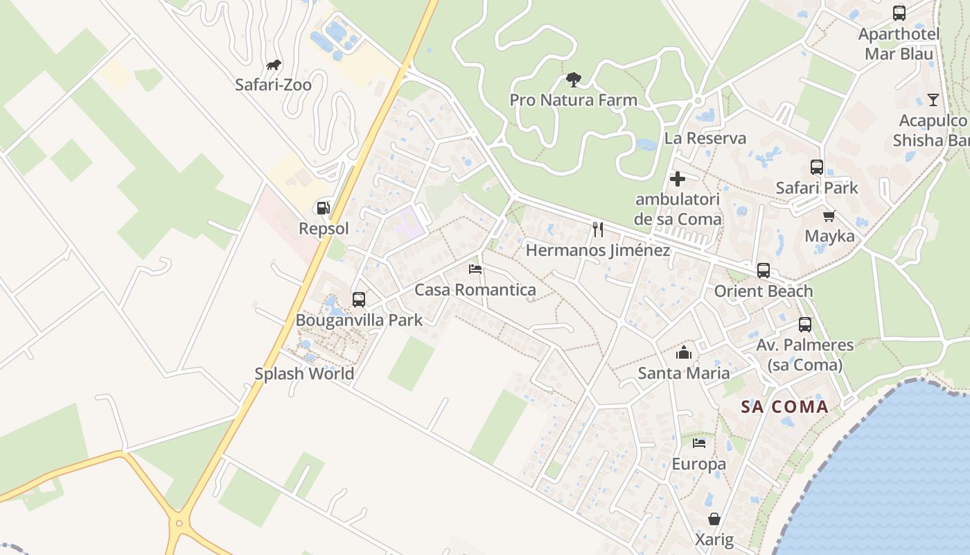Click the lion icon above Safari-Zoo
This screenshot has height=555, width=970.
pyautogui.click(x=274, y=65)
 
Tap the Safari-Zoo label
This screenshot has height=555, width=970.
pyautogui.click(x=273, y=85)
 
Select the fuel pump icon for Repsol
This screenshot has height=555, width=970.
pyautogui.click(x=323, y=207)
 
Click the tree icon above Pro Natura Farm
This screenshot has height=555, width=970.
pyautogui.click(x=573, y=80)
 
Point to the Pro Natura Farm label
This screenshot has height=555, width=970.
pyautogui.click(x=573, y=100)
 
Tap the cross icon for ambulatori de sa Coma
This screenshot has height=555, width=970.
pyautogui.click(x=678, y=179)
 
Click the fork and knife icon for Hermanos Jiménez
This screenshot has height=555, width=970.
pyautogui.click(x=598, y=230)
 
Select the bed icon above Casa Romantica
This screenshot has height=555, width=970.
pyautogui.click(x=475, y=269)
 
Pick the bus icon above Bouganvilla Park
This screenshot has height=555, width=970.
pyautogui.click(x=359, y=300)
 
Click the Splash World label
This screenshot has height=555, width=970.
pyautogui.click(x=304, y=373)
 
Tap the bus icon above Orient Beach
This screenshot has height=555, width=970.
pyautogui.click(x=764, y=271)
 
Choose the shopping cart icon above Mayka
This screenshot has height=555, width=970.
pyautogui.click(x=829, y=216)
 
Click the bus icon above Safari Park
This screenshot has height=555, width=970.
pyautogui.click(x=817, y=167)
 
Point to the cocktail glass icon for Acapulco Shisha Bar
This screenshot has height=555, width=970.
pyautogui.click(x=933, y=100)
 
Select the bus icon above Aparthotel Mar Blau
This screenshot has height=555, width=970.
pyautogui.click(x=899, y=13)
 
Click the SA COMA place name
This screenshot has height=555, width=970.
pyautogui.click(x=785, y=407)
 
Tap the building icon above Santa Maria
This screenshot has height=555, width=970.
pyautogui.click(x=684, y=352)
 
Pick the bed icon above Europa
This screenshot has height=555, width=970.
pyautogui.click(x=699, y=443)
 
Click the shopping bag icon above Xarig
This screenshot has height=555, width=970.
pyautogui.click(x=714, y=519)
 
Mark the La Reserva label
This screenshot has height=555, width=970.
pyautogui.click(x=705, y=138)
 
